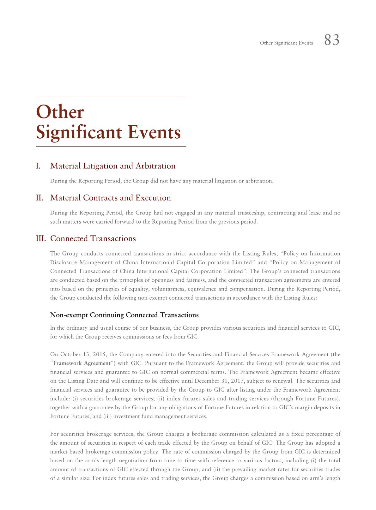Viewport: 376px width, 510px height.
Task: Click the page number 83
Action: pyautogui.click(x=332, y=40)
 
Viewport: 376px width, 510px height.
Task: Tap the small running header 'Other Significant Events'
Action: pyautogui.click(x=286, y=43)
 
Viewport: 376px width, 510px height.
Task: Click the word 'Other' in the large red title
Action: pyautogui.click(x=60, y=112)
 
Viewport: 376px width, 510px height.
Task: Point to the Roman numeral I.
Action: pyautogui.click(x=38, y=166)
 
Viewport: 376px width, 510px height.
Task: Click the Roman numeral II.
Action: pyautogui.click(x=39, y=198)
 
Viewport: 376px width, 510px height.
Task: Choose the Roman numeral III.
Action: pyautogui.click(x=41, y=238)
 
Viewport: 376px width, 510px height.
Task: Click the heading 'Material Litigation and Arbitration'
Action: pyautogui.click(x=113, y=166)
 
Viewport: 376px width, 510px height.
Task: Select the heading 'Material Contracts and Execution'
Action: pyautogui.click(x=111, y=198)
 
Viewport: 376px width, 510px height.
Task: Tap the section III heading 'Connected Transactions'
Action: pyautogui.click(x=93, y=238)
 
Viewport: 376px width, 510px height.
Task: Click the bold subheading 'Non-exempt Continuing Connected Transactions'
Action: pyautogui.click(x=124, y=315)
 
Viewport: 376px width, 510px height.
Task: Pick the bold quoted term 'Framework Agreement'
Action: pyautogui.click(x=82, y=363)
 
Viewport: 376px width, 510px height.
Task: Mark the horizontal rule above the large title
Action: pyautogui.click(x=111, y=97)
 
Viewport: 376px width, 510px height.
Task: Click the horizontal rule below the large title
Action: pyautogui.click(x=111, y=147)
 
